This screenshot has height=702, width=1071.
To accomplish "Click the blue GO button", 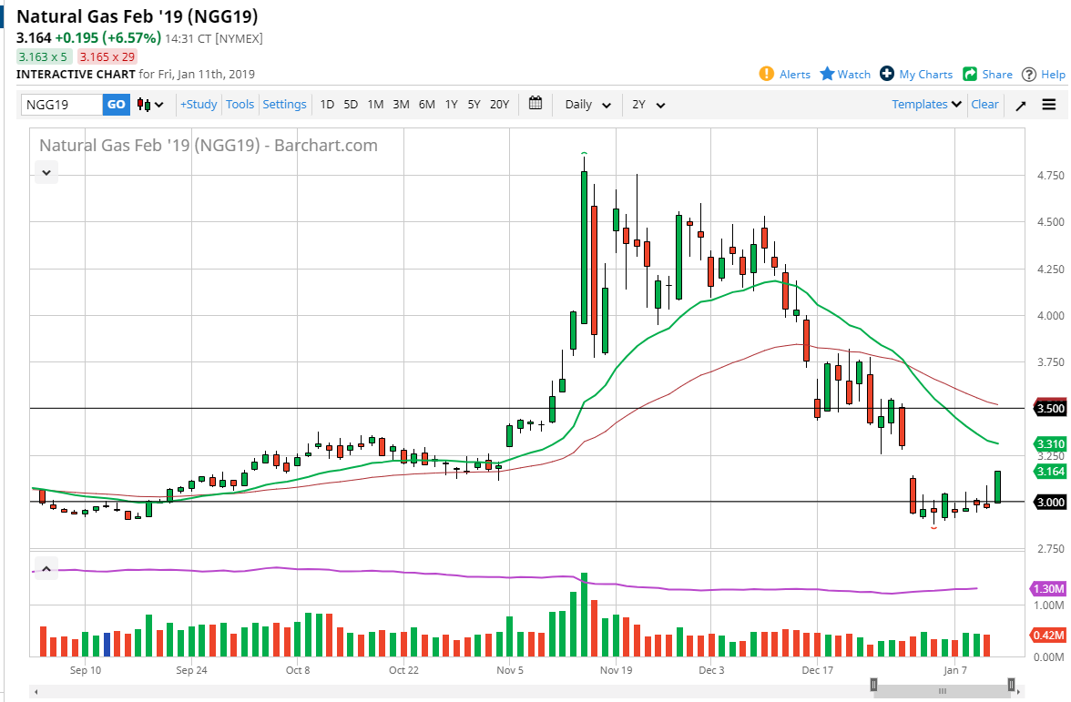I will point(117,105).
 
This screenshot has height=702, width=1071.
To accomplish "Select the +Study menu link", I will point(199,105).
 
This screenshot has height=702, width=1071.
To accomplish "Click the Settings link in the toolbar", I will point(284,105).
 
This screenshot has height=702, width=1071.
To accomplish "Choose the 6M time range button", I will point(426,105).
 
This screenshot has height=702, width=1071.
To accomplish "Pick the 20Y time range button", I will point(499,105).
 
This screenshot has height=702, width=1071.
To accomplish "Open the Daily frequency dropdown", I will point(587,105).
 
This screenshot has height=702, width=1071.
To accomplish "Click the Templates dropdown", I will point(926,105).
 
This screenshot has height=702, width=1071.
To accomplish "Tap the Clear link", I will point(984,105).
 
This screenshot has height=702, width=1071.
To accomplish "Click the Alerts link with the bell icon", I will point(785,75).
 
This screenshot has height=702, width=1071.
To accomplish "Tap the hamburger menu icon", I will point(1049,105).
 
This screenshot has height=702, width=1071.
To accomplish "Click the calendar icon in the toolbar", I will point(535,104).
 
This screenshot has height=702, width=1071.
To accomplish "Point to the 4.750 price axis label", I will point(1048,176).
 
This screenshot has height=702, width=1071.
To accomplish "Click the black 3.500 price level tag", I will point(1051,409).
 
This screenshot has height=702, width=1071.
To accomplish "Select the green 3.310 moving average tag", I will point(1051,444).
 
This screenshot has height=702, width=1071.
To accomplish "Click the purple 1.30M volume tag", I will point(1049,588).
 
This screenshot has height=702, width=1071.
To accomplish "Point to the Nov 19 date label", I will point(616,671).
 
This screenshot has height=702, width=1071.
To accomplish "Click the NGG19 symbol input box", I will point(62,105).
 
